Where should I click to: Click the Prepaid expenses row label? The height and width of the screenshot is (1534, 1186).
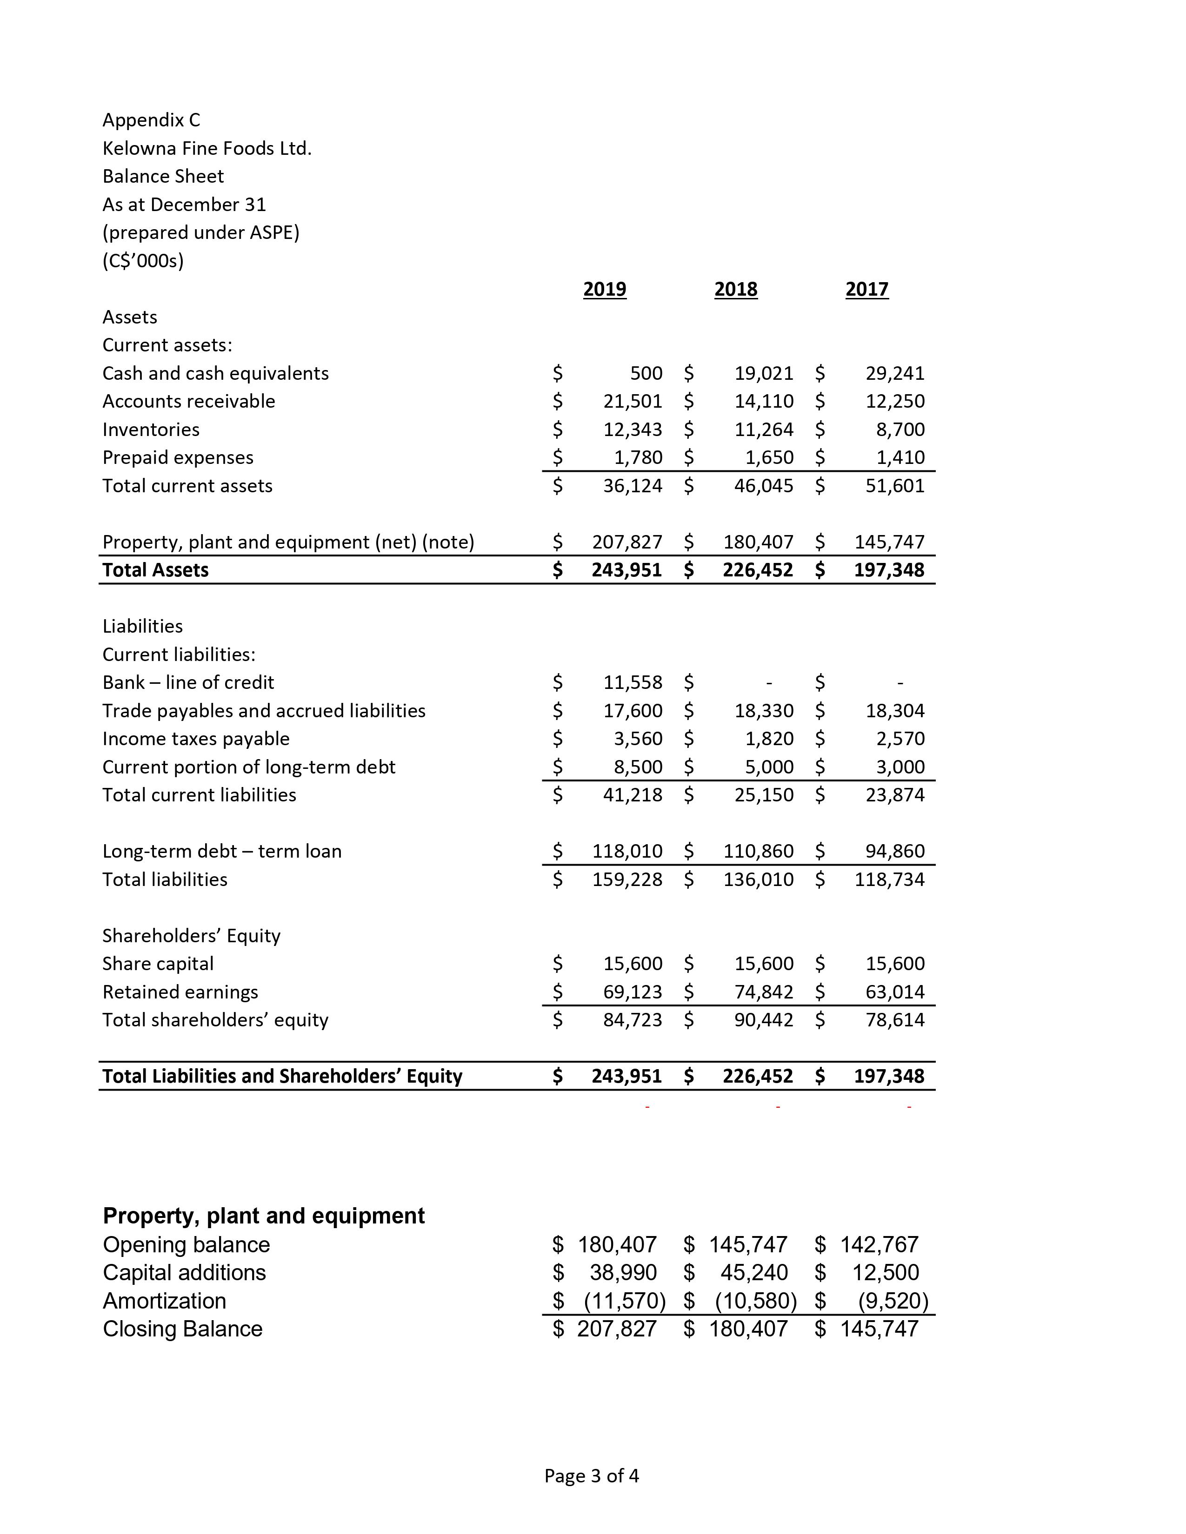(178, 457)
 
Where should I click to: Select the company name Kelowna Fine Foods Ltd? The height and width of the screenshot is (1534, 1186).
(207, 148)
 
